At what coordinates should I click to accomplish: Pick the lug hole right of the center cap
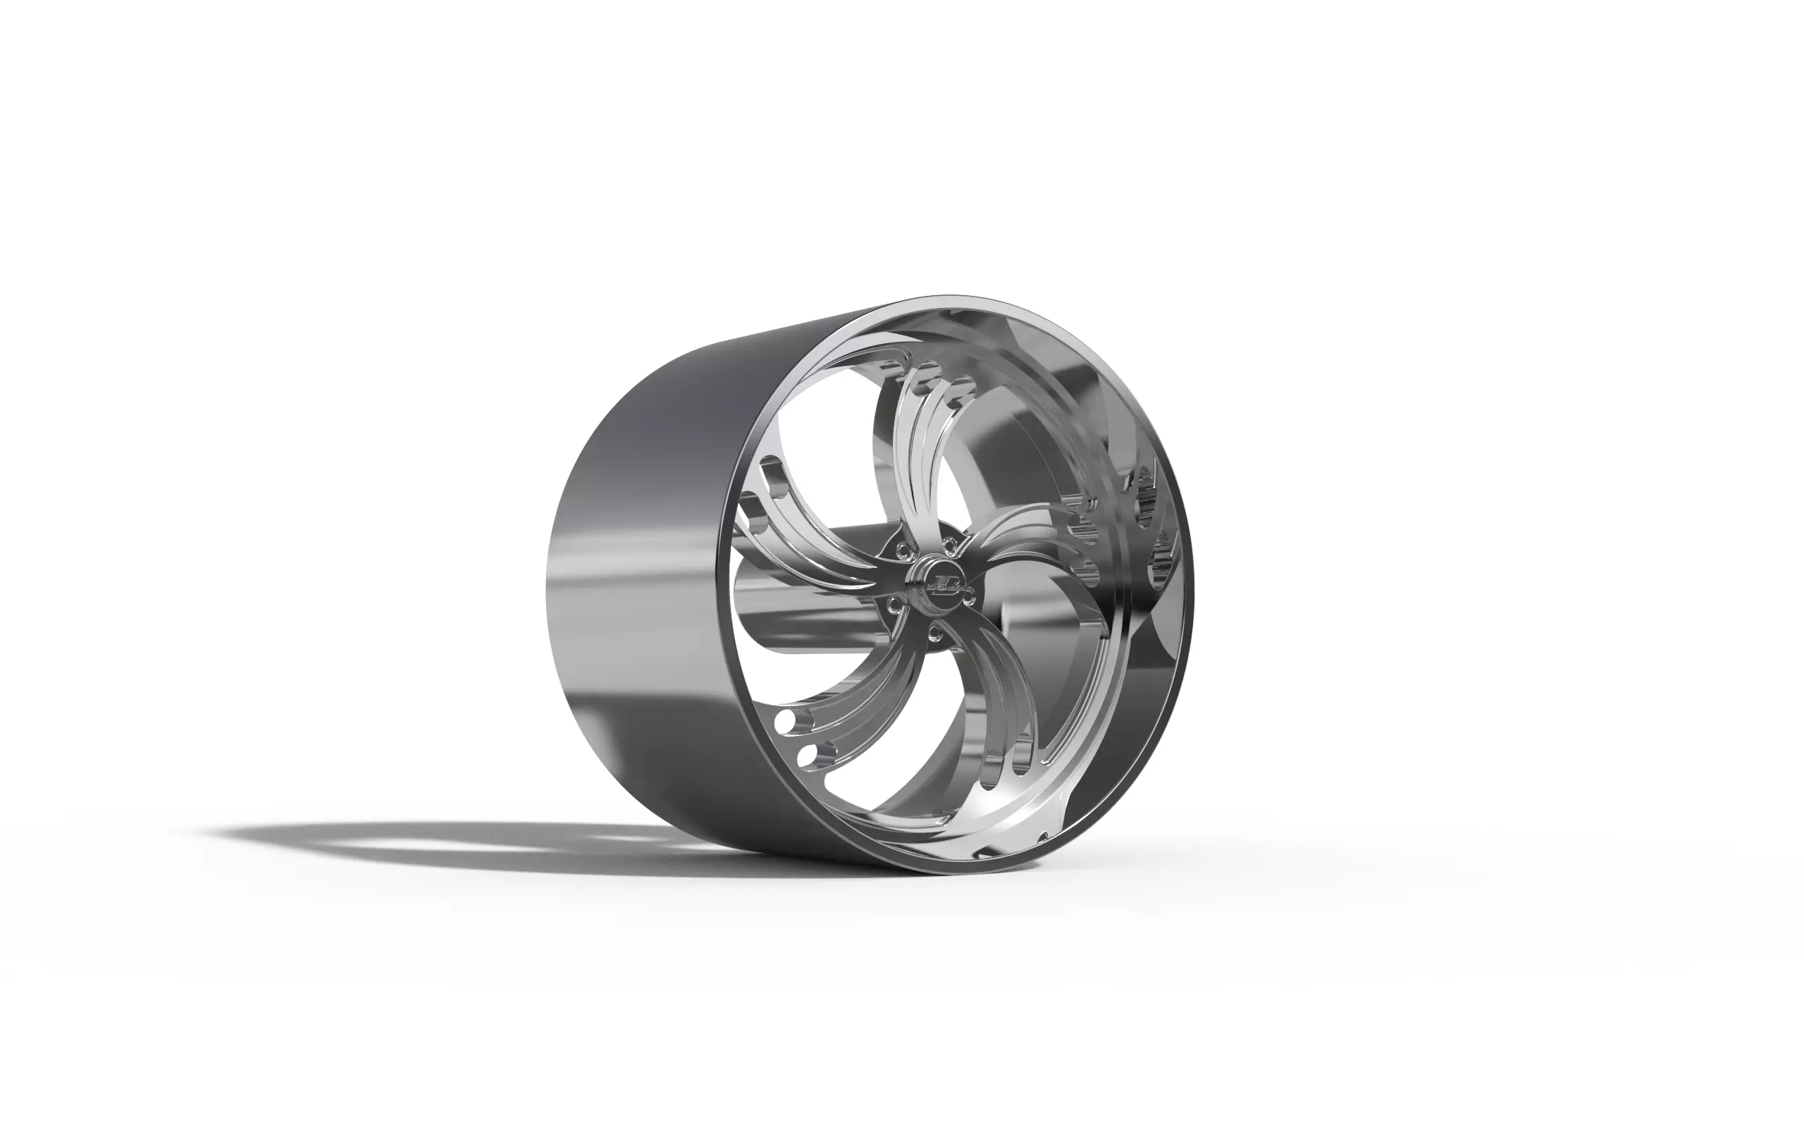pos(970,596)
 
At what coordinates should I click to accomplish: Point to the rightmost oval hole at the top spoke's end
pos(963,386)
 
